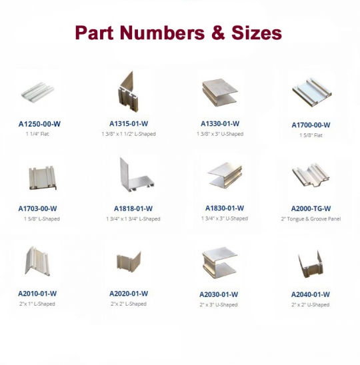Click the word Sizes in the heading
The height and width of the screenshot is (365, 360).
257,33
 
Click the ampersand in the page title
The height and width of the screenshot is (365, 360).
218,33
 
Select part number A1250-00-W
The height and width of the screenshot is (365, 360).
39,124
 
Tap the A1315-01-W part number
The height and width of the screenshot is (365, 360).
129,124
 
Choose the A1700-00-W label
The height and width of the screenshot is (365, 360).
311,125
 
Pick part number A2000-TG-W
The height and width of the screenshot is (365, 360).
311,208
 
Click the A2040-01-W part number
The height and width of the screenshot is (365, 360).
311,294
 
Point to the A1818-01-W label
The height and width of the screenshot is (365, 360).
133,208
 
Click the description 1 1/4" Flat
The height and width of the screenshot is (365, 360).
37,134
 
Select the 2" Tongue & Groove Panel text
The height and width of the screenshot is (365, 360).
311,219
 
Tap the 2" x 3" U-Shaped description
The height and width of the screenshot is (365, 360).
219,304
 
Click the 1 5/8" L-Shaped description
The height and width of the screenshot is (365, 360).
42,219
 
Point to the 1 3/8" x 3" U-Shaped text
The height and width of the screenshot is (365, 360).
220,134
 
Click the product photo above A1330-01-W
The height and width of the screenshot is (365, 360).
219,93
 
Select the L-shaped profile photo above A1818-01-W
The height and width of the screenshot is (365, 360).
136,175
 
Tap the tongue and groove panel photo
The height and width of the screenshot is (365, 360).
311,175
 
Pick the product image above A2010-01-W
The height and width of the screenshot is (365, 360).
37,261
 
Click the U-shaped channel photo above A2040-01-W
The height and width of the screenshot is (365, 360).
311,264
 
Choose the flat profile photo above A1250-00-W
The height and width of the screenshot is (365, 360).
37,93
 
